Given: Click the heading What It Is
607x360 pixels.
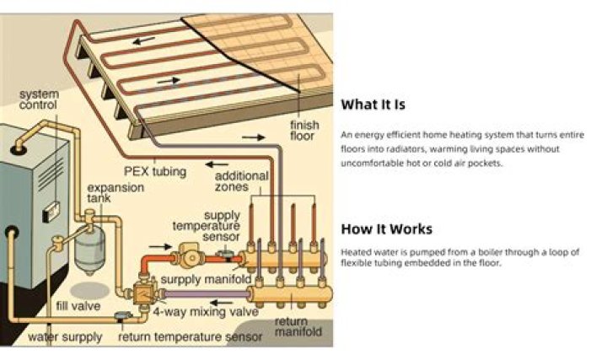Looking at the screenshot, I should tap(373, 105).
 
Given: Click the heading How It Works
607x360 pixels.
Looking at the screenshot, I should tap(386, 229).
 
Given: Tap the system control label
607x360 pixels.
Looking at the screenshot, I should tap(38, 99).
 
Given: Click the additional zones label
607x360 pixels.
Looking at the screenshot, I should tap(242, 182).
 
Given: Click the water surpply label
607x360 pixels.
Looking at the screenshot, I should tap(65, 337).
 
